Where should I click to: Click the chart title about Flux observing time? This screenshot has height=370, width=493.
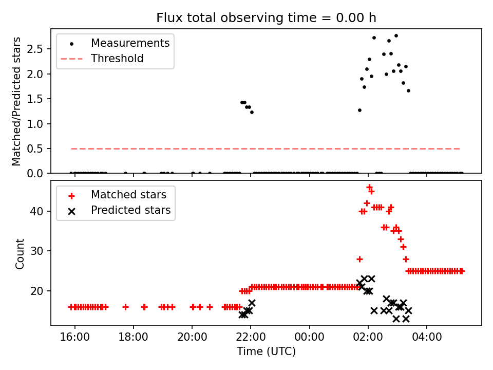(x=266, y=18)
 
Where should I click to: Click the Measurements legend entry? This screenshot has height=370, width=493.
(x=130, y=43)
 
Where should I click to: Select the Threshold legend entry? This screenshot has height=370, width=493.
(x=117, y=59)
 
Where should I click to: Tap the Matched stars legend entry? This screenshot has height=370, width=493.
(x=128, y=195)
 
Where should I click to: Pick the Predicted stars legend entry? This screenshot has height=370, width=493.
(x=130, y=210)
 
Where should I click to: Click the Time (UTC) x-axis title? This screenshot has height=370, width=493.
(x=266, y=351)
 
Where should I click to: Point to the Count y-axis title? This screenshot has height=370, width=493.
(x=20, y=253)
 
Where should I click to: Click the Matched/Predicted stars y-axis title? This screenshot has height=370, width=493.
(x=16, y=101)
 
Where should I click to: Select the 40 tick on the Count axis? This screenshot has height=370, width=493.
(x=40, y=211)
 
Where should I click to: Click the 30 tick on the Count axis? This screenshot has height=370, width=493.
(x=40, y=251)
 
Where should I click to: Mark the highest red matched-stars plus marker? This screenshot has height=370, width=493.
(x=369, y=187)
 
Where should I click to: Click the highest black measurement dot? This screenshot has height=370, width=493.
(x=396, y=35)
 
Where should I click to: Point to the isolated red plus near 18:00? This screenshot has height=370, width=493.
(x=125, y=307)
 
